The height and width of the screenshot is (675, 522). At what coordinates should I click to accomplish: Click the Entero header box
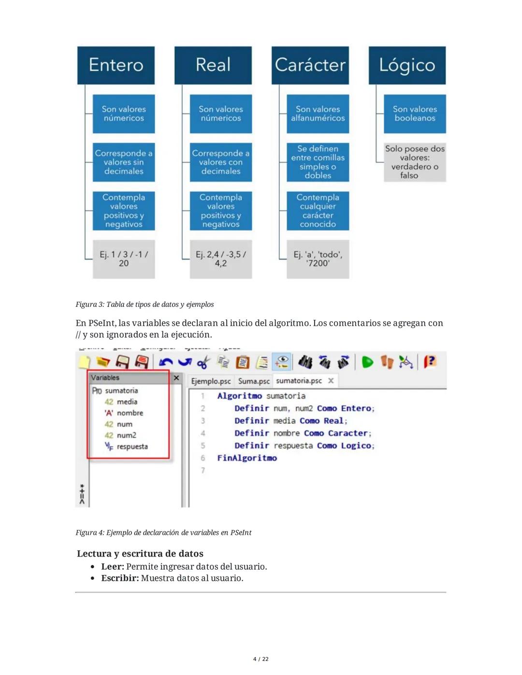116,65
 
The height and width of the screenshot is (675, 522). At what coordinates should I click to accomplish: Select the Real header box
213,65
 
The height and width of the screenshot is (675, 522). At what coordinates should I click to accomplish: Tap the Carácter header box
310,65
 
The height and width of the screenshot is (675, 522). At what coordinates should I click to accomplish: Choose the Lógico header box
407,65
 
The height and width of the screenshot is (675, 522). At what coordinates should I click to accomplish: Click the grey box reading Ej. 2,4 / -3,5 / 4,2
221,259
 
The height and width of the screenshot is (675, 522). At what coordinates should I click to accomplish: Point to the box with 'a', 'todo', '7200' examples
318,259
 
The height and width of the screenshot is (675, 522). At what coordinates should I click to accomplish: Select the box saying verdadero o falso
415,162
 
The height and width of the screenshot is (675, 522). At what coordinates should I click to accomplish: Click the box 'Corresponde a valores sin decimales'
124,162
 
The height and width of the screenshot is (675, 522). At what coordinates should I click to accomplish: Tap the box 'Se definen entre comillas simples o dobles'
318,162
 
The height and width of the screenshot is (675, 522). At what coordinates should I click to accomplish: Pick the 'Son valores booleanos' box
415,114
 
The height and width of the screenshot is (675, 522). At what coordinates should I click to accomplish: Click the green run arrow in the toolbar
367,362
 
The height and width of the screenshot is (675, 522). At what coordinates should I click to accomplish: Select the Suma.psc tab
254,381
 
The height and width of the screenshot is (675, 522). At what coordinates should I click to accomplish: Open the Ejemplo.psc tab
211,381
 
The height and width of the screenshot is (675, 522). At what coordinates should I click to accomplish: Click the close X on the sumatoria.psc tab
331,381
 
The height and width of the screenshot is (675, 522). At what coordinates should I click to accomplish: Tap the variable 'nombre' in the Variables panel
130,413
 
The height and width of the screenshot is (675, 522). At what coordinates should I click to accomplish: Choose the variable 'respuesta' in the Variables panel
132,447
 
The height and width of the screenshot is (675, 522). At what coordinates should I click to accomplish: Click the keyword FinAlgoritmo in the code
247,458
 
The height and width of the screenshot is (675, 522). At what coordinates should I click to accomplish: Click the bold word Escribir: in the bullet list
120,578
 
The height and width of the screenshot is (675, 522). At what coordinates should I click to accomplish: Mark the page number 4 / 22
261,659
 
